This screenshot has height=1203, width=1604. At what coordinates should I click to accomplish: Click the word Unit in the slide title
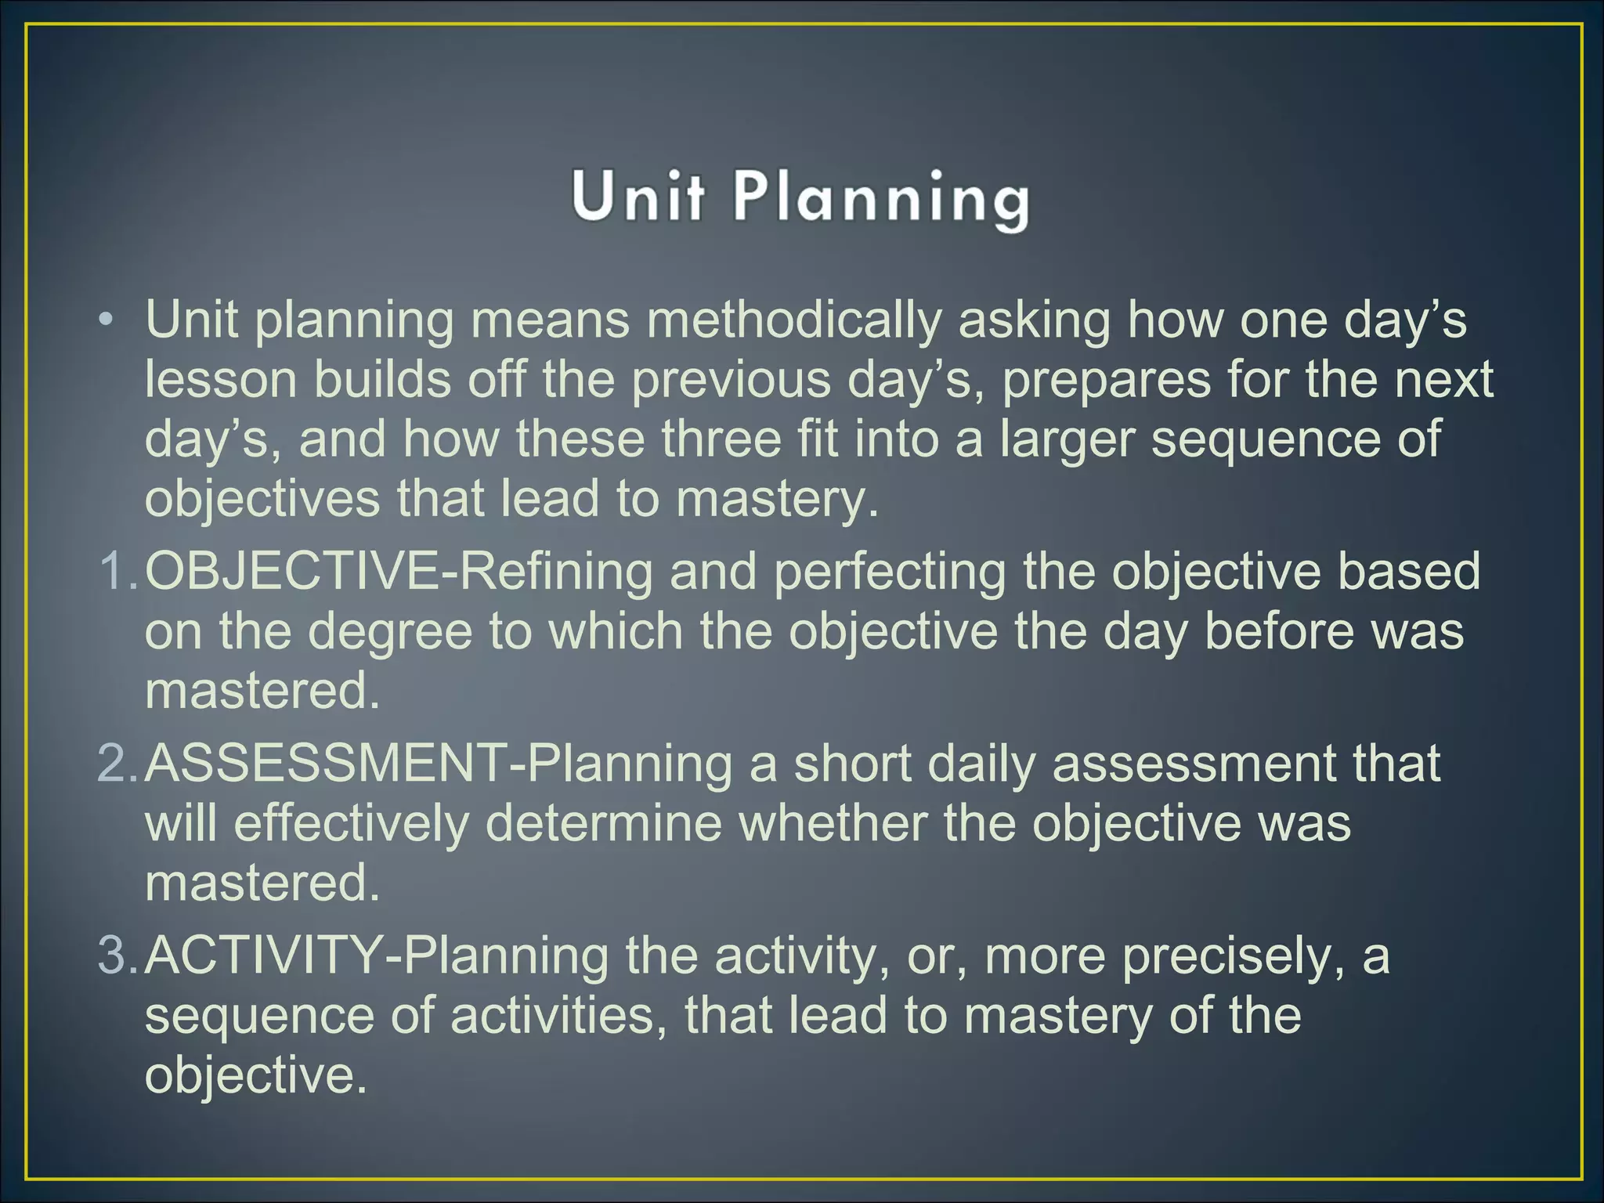tap(638, 196)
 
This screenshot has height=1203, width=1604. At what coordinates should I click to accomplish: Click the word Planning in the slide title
tap(880, 199)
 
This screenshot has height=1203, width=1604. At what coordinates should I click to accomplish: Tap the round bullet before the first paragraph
tap(107, 321)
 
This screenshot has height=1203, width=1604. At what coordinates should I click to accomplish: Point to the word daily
tap(982, 764)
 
